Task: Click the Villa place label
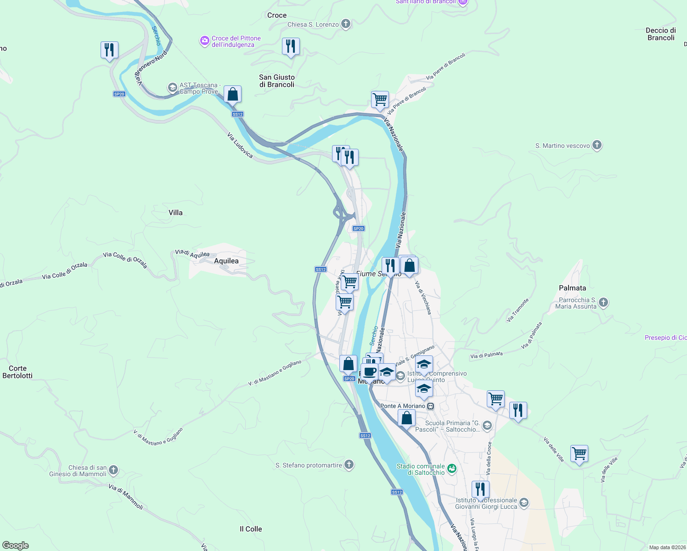tap(175, 213)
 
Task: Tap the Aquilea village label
tap(226, 261)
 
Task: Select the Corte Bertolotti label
tap(17, 372)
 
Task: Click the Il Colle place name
tap(251, 529)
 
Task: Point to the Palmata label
tap(572, 288)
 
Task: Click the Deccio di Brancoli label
tap(661, 34)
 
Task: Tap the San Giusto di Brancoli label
tap(277, 81)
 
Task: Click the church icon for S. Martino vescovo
tap(597, 146)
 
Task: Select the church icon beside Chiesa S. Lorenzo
tap(346, 24)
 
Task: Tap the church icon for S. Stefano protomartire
tap(349, 465)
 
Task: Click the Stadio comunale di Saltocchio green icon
tap(452, 469)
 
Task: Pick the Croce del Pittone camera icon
tap(204, 41)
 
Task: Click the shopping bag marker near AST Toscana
tap(233, 94)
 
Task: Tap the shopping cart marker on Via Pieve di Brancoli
tap(380, 99)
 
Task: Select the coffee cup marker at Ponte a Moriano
tap(369, 371)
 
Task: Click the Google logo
tap(16, 545)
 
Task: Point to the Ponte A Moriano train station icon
tap(430, 406)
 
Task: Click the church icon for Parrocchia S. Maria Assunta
tap(603, 303)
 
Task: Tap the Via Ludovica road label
tap(240, 145)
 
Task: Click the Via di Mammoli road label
tap(126, 497)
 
